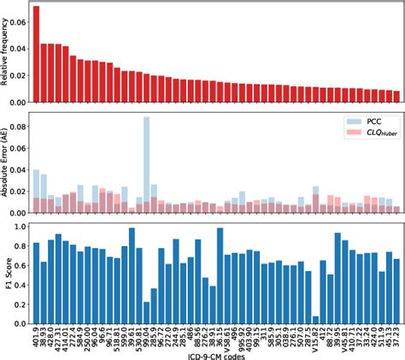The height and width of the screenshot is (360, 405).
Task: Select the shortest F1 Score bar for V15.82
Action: tap(316, 322)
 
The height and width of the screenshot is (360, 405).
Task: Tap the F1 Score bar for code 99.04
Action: tap(147, 314)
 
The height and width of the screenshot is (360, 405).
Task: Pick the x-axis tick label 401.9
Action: tap(36, 337)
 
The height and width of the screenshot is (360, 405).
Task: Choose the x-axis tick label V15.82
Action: tap(316, 339)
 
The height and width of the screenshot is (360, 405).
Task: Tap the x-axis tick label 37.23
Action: tap(396, 337)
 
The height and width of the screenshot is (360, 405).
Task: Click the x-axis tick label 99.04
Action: tap(147, 337)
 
